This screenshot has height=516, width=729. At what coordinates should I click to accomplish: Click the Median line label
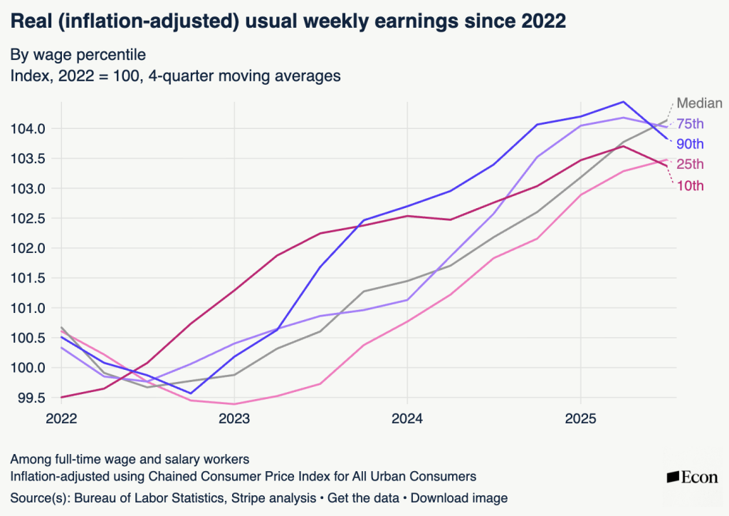coord(699,103)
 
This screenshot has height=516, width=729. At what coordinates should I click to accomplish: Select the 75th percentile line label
coord(690,123)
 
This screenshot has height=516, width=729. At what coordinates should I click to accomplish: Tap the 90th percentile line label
coord(690,143)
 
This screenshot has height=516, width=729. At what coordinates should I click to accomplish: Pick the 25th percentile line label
coord(690,165)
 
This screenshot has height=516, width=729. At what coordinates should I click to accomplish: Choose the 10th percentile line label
coord(690,186)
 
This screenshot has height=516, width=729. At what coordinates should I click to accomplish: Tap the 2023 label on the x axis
coord(234,419)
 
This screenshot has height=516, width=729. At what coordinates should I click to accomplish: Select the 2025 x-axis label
coord(580,419)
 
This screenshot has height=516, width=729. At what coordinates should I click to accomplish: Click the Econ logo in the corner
coord(692,478)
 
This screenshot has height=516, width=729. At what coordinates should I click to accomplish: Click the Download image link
coord(459,498)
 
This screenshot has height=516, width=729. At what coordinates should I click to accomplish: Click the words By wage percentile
coord(78,54)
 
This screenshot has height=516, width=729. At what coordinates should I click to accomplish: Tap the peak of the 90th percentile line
coord(624,102)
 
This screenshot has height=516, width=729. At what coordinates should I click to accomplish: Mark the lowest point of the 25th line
coord(234,404)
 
